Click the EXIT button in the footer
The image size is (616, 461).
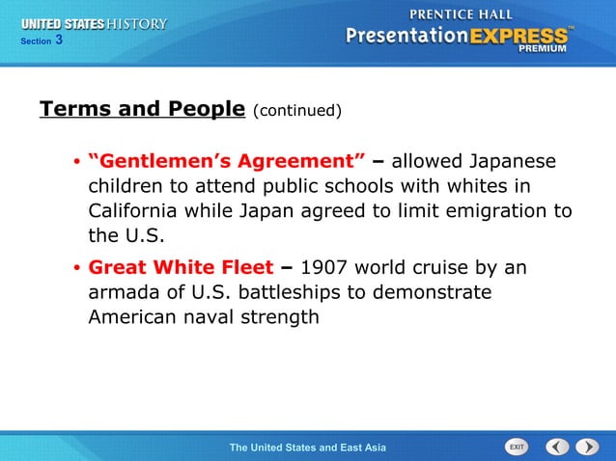coord(517,447)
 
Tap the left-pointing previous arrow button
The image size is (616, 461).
coord(557,447)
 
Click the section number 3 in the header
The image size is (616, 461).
coord(59,40)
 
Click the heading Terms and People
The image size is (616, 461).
coord(142,109)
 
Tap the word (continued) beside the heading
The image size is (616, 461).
coord(297,111)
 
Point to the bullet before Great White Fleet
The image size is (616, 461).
coord(75,268)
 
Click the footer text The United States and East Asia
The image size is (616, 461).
coord(307,447)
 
